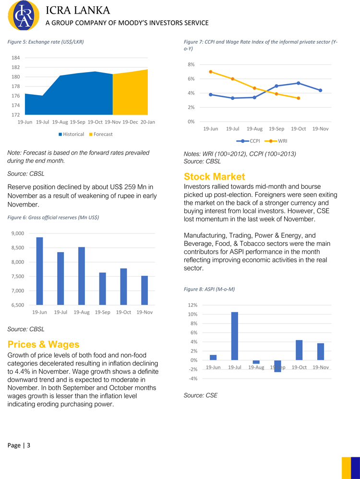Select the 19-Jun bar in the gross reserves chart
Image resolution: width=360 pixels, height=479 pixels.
pos(39,271)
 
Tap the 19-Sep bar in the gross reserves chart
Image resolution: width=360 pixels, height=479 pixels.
pos(103,289)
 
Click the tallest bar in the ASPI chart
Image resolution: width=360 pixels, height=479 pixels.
pos(234,336)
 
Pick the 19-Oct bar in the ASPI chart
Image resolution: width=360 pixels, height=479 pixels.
pos(299,350)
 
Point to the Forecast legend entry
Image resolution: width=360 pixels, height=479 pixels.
pos(100,134)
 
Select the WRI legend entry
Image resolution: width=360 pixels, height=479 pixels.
pos(278,141)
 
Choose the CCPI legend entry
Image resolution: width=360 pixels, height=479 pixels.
pos(251,141)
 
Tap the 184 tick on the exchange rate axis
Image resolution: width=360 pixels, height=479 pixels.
pos(16,58)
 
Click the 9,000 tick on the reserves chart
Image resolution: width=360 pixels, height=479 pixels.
pos(18,233)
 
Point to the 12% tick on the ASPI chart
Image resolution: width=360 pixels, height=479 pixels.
pos(192,305)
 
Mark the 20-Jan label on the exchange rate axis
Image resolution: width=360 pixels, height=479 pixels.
pos(148,123)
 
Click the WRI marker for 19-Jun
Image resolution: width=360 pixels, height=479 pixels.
pos(211,72)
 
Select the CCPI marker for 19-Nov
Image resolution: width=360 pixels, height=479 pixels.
pos(320,90)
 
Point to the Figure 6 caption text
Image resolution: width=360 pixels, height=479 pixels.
pos(53,218)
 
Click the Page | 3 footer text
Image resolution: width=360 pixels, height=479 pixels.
pos(19,445)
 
